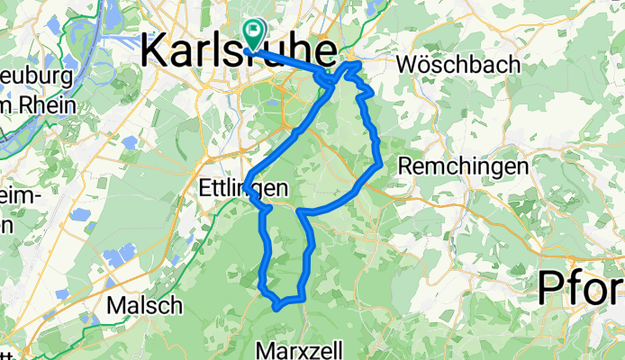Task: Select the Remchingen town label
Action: coord(462,167)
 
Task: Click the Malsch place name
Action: coord(144,305)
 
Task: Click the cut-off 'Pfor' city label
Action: coord(582,290)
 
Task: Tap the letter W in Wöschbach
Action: coord(406,64)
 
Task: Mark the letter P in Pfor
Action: coord(552,290)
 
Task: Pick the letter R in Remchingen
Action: coord(405,167)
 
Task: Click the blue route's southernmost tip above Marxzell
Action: coord(276,307)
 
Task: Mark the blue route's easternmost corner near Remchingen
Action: coord(381,164)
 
